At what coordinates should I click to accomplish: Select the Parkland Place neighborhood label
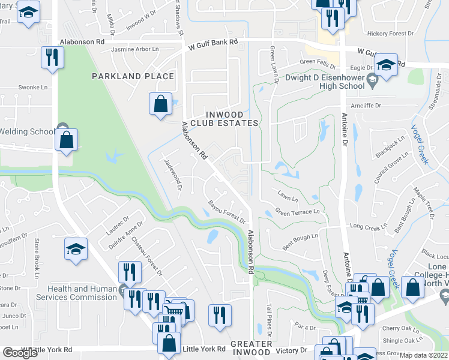133,76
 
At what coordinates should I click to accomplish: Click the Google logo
20,353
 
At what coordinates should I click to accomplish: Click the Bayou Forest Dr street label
226,211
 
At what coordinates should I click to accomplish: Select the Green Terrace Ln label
297,212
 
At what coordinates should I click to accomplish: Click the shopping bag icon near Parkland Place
161,104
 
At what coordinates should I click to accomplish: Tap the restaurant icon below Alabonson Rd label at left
52,58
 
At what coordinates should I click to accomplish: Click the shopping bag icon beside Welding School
66,140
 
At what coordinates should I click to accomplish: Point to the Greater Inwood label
251,348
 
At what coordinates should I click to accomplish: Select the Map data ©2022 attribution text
424,355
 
